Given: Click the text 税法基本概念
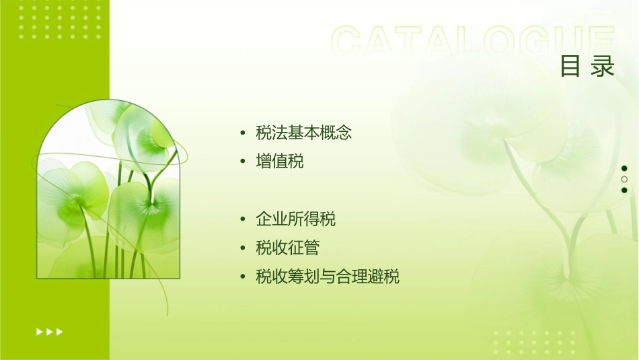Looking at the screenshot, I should tap(303, 133).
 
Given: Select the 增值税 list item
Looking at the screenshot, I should tap(279, 161).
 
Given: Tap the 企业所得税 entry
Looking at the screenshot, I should tap(295, 219).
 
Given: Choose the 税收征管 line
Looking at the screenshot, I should tap(287, 248).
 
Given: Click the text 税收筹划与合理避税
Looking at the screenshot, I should tap(328, 277).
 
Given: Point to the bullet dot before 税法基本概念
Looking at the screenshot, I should tap(243, 133).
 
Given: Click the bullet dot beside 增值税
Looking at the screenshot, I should tap(243, 162).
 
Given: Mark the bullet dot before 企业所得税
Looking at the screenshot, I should tap(243, 219).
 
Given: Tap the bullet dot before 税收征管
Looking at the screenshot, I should tap(243, 248).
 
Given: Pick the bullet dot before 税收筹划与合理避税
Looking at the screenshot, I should tap(243, 277).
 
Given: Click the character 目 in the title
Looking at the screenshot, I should tap(570, 67).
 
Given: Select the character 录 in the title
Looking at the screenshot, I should tap(603, 67).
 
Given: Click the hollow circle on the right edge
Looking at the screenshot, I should tap(624, 179).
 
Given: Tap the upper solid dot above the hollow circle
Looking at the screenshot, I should tap(624, 168).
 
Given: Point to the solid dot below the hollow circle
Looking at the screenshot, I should tap(624, 190).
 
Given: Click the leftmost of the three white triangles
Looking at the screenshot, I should tap(39, 331).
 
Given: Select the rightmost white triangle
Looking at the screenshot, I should tap(60, 331).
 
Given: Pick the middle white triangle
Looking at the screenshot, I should tap(49, 331).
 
